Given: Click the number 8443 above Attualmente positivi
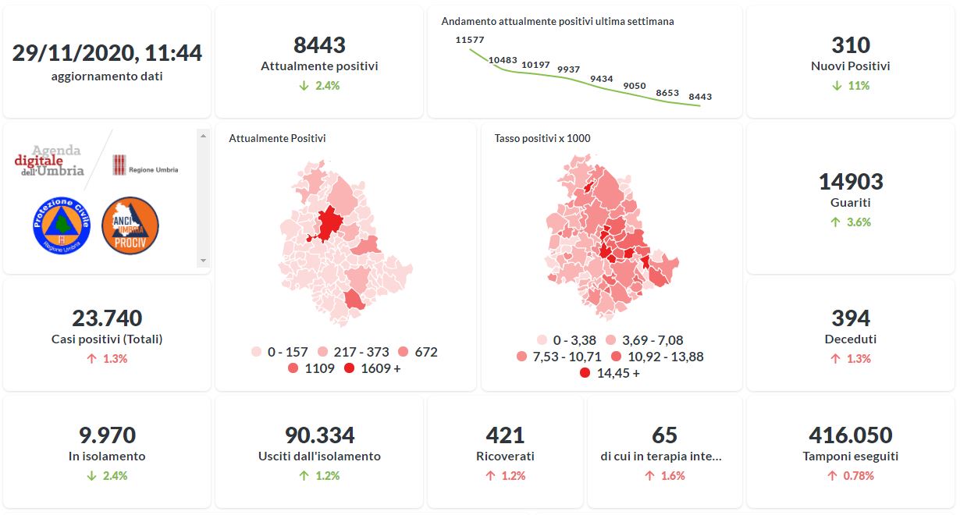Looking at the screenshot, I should [319, 45].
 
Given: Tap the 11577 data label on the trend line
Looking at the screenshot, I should [470, 40].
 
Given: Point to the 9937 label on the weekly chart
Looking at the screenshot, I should [568, 69].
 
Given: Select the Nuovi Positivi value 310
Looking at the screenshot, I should [851, 45].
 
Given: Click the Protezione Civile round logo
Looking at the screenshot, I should [62, 225].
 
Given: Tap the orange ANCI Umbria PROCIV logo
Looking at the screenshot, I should [130, 225].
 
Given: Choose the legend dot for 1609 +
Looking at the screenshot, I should [349, 368].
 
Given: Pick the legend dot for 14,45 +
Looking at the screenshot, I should [585, 373].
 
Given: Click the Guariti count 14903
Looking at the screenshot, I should [851, 182].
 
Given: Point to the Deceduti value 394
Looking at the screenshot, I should [851, 318].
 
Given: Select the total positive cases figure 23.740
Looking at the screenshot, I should [107, 318].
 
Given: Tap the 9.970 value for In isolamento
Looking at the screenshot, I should [107, 435].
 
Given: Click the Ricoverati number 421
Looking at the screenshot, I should [505, 435].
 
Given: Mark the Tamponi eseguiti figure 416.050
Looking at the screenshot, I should [851, 435].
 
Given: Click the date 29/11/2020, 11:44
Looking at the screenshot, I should [107, 53].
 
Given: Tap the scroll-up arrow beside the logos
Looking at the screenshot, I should [204, 136].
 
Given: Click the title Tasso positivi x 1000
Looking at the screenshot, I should [542, 139].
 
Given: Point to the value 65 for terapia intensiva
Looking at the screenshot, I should [664, 435].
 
